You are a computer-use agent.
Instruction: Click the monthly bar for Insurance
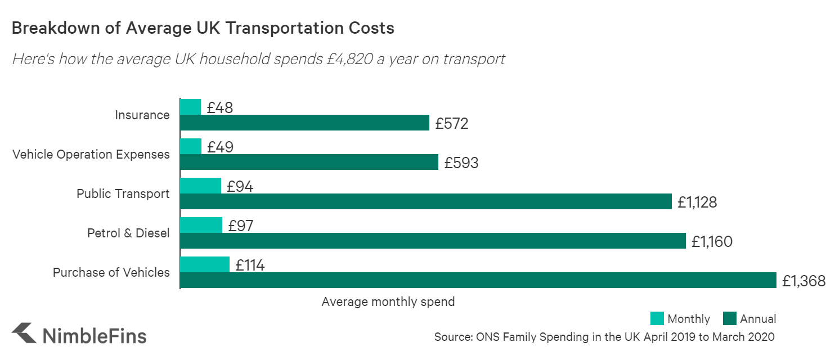pyautogui.click(x=190, y=107)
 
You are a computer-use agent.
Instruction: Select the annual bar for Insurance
pyautogui.click(x=304, y=123)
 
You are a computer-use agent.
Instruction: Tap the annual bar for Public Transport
pyautogui.click(x=425, y=201)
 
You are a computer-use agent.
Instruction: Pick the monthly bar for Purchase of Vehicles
pyautogui.click(x=205, y=264)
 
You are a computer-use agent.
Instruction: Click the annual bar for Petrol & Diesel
pyautogui.click(x=433, y=241)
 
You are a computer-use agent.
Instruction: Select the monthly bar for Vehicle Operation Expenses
pyautogui.click(x=191, y=146)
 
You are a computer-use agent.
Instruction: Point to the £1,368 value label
pyautogui.click(x=803, y=281)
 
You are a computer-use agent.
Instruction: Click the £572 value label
pyautogui.click(x=451, y=123)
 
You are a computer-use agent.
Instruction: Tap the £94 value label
pyautogui.click(x=240, y=186)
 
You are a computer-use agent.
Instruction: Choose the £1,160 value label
pyautogui.click(x=712, y=241)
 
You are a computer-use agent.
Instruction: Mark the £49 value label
pyautogui.click(x=220, y=147)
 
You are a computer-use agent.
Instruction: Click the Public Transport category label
pyautogui.click(x=123, y=194)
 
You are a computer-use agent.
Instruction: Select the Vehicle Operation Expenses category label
pyautogui.click(x=91, y=155)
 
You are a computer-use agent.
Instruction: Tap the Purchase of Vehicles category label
pyautogui.click(x=111, y=273)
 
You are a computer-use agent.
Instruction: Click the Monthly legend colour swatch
pyautogui.click(x=657, y=319)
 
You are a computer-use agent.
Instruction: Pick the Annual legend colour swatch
pyautogui.click(x=728, y=319)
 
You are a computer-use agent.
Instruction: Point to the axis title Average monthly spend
pyautogui.click(x=388, y=302)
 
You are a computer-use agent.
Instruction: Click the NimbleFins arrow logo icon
pyautogui.click(x=24, y=333)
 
